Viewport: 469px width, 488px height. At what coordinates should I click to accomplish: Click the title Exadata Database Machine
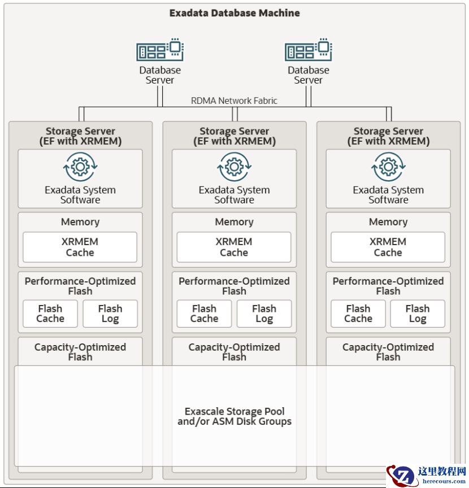tap(234, 12)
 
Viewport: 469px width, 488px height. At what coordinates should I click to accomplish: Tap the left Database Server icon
tap(160, 50)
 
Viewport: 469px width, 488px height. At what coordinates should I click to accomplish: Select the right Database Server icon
tap(309, 50)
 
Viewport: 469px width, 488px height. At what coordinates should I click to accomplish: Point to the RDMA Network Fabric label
tap(234, 101)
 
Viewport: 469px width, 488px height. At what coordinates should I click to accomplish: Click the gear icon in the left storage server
tap(80, 167)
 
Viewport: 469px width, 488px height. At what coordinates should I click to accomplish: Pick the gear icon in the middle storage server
tap(234, 167)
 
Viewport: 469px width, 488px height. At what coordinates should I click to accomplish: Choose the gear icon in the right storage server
tap(388, 167)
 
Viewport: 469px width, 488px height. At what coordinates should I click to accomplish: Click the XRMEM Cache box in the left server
tap(80, 247)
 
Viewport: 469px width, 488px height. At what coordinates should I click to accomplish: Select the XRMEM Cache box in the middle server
tap(234, 247)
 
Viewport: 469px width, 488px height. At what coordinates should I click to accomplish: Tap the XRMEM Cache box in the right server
tap(388, 247)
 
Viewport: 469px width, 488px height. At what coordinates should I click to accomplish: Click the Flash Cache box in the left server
tap(50, 313)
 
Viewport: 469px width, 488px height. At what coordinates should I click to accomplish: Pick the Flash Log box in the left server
tap(110, 313)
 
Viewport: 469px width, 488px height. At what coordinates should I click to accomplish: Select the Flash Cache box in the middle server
tap(204, 313)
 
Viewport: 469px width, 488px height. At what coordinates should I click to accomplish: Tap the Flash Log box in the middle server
tap(264, 313)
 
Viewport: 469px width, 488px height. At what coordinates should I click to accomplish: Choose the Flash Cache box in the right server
tap(358, 313)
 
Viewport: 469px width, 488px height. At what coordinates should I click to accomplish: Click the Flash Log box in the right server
tap(418, 313)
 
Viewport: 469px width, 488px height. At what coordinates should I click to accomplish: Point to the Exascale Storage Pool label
tap(234, 416)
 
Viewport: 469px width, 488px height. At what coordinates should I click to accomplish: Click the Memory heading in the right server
tap(388, 222)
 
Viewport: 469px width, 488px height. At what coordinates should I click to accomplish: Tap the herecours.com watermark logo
tap(428, 475)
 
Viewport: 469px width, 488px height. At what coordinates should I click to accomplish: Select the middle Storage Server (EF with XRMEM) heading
tap(234, 136)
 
